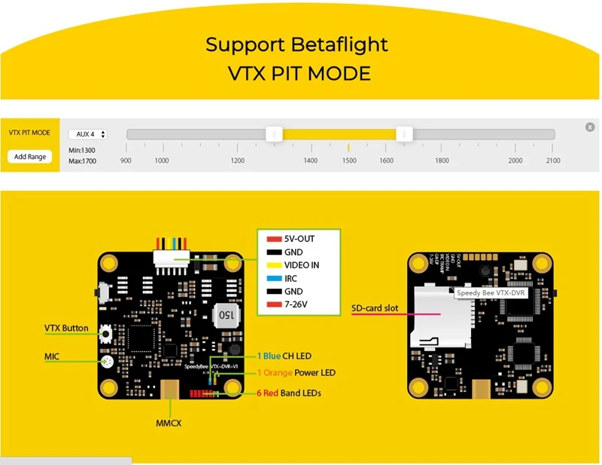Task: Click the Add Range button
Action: coord(30,157)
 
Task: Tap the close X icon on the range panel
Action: coord(590,127)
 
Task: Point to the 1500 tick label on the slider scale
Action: coord(349,161)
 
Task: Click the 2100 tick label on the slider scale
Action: coord(553,161)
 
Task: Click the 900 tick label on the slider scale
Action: coord(126,161)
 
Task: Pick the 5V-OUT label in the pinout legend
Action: coord(299,239)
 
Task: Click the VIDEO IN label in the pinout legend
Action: coord(302,265)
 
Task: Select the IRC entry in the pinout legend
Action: coord(291,279)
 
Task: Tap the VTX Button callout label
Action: coord(66,329)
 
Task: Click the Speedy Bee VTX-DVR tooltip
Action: coord(492,292)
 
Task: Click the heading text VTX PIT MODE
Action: coord(299,73)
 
